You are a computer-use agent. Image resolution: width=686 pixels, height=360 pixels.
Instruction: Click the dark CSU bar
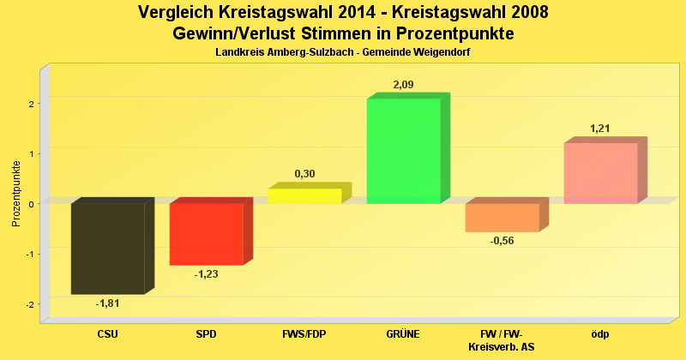click(107, 249)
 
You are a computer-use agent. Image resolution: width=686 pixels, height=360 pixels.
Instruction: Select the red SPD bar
click(206, 234)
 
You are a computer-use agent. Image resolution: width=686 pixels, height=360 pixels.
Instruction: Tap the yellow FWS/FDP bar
click(304, 195)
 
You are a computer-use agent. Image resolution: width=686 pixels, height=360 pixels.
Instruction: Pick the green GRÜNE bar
click(403, 151)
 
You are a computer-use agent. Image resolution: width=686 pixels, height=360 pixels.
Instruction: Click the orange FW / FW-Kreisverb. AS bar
click(502, 218)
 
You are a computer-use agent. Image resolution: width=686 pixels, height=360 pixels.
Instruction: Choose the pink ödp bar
click(600, 173)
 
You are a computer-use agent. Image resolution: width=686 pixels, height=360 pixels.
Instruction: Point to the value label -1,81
click(107, 303)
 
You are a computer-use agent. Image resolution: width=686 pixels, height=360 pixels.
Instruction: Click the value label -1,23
click(207, 274)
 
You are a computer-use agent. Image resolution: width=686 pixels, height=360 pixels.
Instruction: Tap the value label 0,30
click(304, 174)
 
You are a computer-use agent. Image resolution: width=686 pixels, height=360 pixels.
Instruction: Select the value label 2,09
click(403, 85)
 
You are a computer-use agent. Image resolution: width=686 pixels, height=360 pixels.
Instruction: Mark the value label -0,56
click(502, 241)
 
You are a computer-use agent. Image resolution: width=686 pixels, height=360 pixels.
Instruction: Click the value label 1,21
click(600, 129)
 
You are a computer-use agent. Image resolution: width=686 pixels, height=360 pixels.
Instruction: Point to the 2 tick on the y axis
click(30, 104)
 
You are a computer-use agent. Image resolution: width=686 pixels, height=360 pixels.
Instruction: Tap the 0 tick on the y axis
click(30, 204)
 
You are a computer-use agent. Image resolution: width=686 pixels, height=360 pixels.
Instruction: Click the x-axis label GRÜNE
click(403, 334)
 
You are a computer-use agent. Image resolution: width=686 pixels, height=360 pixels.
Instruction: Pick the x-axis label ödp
click(600, 334)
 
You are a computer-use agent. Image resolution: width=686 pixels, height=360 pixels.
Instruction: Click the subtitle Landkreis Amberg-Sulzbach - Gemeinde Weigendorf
click(343, 53)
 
